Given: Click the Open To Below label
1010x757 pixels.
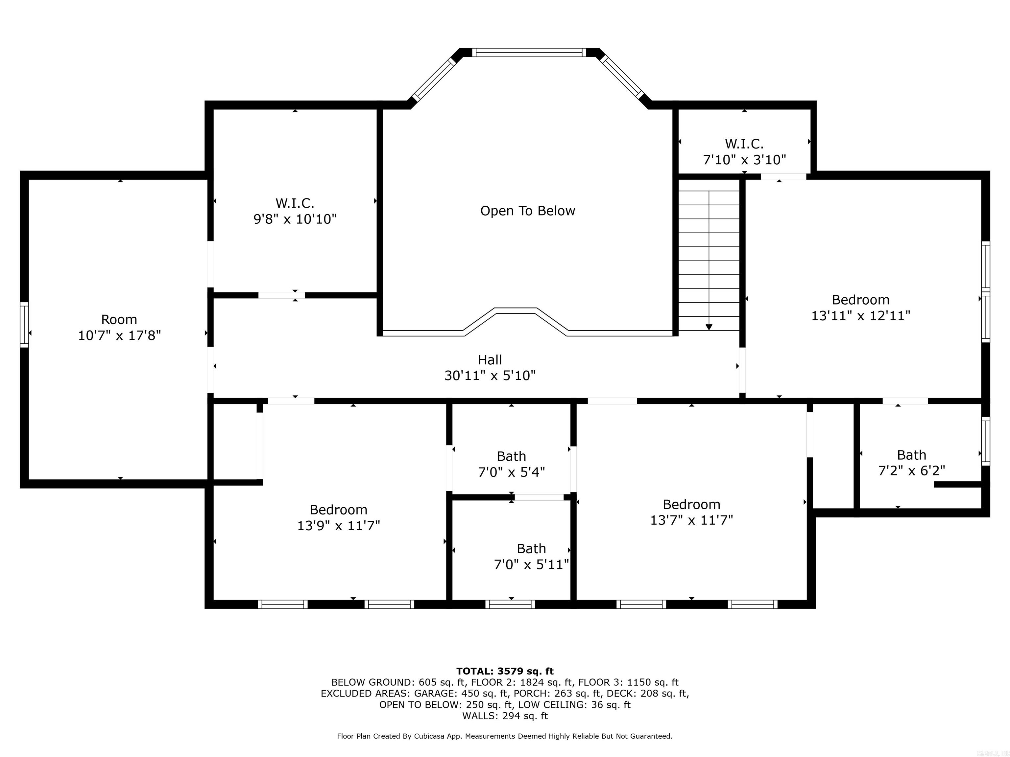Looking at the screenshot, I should pyautogui.click(x=527, y=211).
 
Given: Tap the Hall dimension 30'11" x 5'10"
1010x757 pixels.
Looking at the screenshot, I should pyautogui.click(x=490, y=376).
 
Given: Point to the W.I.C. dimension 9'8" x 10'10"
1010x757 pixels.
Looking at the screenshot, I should pyautogui.click(x=295, y=219).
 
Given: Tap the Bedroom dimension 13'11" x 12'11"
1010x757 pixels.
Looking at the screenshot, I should pyautogui.click(x=861, y=316).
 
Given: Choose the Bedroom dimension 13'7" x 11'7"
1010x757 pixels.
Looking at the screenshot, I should pyautogui.click(x=691, y=520).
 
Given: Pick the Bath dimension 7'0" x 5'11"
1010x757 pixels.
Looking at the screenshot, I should pyautogui.click(x=532, y=565).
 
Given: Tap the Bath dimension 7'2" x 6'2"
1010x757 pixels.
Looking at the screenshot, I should pyautogui.click(x=911, y=470).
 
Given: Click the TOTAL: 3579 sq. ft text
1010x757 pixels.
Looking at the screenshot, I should pyautogui.click(x=505, y=671).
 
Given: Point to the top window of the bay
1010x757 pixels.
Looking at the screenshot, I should pyautogui.click(x=529, y=53).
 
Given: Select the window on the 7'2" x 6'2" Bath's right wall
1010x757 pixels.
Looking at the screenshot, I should pyautogui.click(x=985, y=441).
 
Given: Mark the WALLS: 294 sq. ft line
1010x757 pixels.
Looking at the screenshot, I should pyautogui.click(x=505, y=716).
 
